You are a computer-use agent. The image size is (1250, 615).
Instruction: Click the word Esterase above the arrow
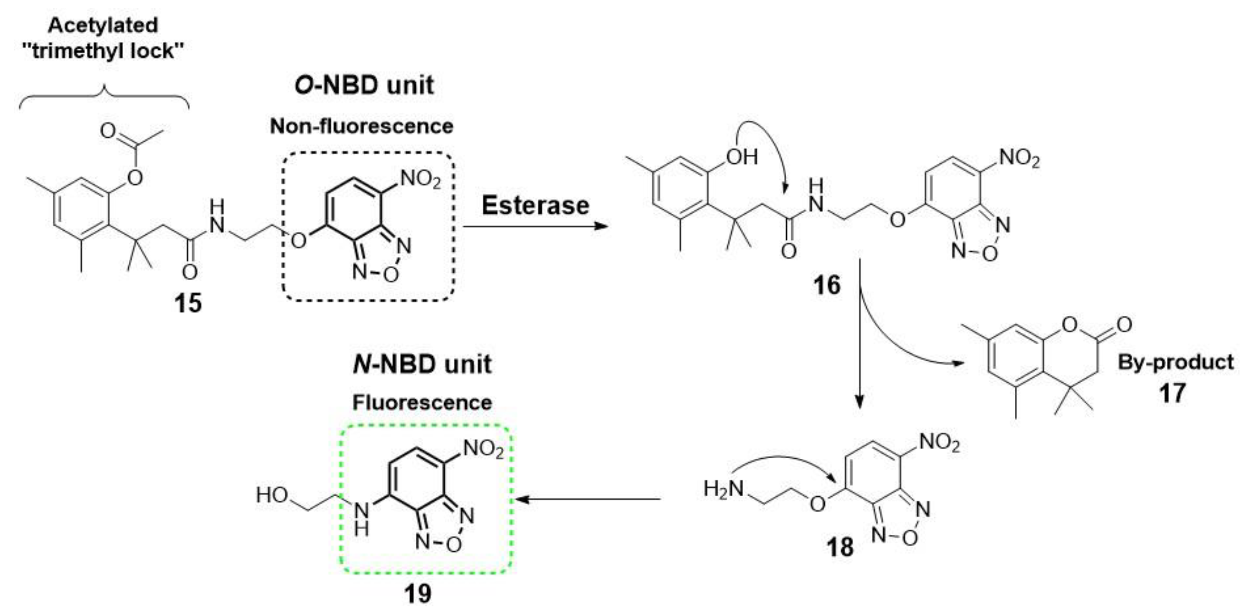tap(535, 206)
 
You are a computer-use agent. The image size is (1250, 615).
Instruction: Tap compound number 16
tap(826, 285)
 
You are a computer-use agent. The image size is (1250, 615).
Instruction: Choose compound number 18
tap(840, 547)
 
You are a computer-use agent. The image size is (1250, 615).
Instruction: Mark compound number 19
tap(417, 593)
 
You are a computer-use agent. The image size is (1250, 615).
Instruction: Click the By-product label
tap(1175, 362)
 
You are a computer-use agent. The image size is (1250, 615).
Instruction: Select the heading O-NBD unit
tap(364, 85)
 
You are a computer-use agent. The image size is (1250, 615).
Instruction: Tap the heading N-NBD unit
tap(422, 364)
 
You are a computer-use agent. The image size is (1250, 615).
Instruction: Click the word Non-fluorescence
tap(362, 127)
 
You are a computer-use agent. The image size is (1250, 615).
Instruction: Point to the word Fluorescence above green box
tap(422, 403)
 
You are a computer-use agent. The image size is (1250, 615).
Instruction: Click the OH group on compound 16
tap(742, 157)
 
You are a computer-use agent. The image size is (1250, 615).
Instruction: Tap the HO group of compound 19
tap(272, 495)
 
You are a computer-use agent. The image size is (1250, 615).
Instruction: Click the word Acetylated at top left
tap(103, 25)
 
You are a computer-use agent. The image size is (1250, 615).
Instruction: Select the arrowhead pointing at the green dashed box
tap(520, 499)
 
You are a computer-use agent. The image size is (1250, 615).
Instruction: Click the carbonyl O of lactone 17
tap(1124, 324)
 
